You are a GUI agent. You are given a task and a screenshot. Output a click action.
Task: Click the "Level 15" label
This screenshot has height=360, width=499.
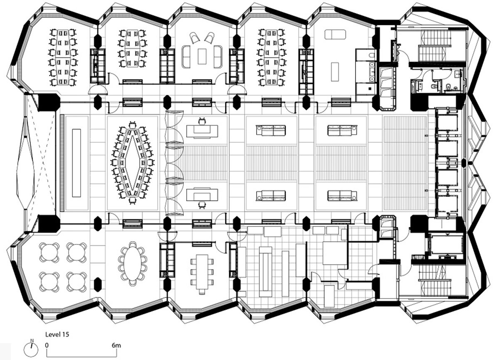pyautogui.click(x=57, y=334)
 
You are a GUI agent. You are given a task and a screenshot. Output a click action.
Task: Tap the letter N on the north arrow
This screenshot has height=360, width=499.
pyautogui.click(x=32, y=340)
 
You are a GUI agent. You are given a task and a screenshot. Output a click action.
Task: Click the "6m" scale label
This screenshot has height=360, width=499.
pyautogui.click(x=116, y=345)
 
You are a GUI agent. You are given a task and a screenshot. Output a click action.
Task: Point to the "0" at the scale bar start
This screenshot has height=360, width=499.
pyautogui.click(x=47, y=345)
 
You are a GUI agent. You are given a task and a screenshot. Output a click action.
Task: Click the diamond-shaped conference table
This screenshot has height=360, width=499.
pyautogui.click(x=133, y=163)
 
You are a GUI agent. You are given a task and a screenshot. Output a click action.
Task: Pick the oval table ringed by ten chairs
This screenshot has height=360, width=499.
pyautogui.click(x=133, y=264)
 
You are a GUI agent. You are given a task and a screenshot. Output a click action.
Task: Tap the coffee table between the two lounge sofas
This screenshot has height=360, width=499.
pyautogui.click(x=202, y=56)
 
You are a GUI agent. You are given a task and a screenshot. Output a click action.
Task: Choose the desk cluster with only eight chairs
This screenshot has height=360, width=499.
pyautogui.click(x=133, y=48)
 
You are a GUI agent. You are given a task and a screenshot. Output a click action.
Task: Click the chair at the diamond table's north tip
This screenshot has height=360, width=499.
pyautogui.click(x=133, y=125)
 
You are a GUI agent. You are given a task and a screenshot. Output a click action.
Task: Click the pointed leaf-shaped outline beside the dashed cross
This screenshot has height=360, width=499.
pyautogui.click(x=25, y=163)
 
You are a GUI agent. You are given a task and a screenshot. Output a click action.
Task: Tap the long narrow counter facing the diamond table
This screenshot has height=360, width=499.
pyautogui.click(x=77, y=163)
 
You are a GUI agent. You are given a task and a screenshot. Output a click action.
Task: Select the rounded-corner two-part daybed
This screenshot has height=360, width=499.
pyautogui.click(x=335, y=35)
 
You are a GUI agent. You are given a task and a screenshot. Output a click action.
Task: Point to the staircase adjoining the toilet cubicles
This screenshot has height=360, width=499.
pyautogui.click(x=432, y=45)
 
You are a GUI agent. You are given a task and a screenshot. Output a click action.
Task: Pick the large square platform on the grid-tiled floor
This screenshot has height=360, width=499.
pyautogui.click(x=335, y=253)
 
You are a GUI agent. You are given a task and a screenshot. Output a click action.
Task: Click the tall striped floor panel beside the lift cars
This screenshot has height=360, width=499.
pyautogui.click(x=405, y=163)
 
